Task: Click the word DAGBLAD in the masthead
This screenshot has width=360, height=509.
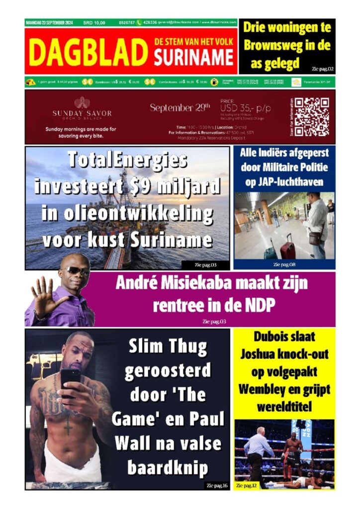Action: coord(88,52)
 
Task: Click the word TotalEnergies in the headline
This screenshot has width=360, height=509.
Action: coord(128,160)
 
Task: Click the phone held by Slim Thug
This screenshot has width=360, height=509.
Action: coord(70,377)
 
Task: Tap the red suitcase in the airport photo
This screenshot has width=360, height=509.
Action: coord(287,247)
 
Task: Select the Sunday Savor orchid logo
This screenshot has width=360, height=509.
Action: coord(82,103)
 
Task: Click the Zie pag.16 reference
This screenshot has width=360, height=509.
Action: coord(217,485)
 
